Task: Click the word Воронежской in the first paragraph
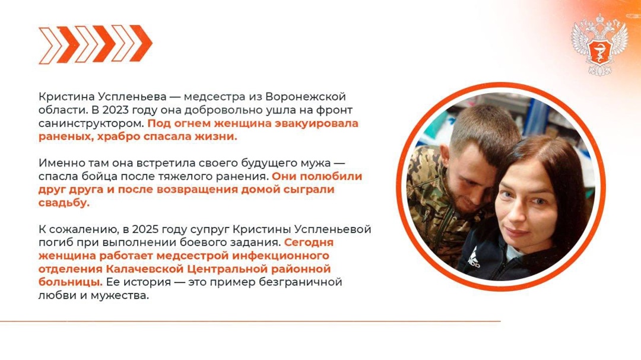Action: [x=305, y=96]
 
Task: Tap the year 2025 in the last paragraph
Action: [x=147, y=229]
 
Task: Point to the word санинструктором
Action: [x=91, y=124]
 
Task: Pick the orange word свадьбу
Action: [x=64, y=202]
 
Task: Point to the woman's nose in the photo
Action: [x=515, y=210]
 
